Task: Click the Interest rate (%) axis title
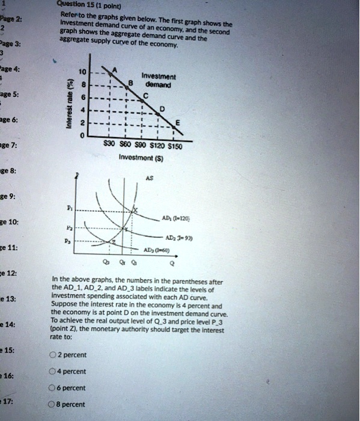click(71, 103)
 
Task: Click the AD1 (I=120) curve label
click(180, 218)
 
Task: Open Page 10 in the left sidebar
click(11, 222)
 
